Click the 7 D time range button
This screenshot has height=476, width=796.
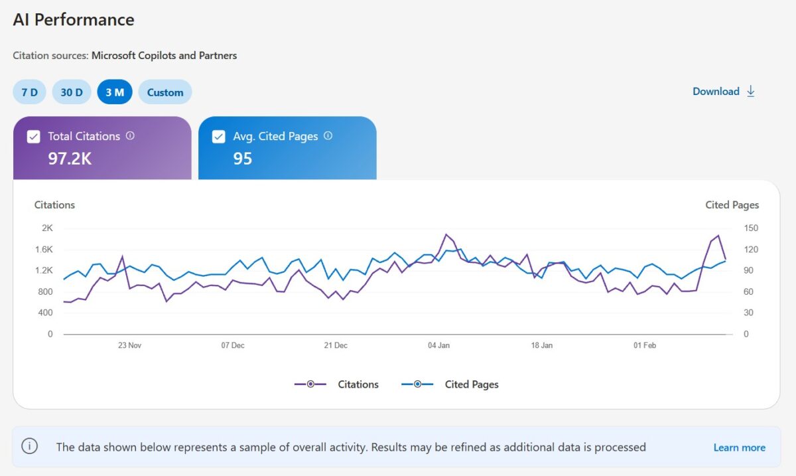point(29,92)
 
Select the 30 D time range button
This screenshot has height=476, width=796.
point(72,92)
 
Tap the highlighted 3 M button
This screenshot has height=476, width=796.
point(115,92)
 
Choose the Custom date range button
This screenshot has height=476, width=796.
point(165,92)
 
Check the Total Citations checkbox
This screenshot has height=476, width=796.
point(33,137)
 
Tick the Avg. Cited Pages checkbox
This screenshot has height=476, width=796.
point(218,137)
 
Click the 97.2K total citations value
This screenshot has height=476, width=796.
point(70,159)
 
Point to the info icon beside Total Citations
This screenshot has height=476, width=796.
point(130,135)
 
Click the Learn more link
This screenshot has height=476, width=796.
point(739,447)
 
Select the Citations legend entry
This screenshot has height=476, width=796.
point(337,384)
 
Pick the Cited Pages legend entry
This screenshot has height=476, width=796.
point(450,384)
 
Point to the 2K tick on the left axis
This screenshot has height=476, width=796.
point(47,228)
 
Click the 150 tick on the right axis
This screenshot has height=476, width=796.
point(751,228)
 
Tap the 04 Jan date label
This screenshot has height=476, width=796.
point(438,345)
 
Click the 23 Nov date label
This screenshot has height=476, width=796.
point(129,345)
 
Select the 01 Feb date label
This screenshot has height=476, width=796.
point(644,345)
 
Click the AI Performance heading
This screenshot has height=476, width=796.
point(74,20)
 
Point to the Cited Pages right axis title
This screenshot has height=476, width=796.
point(732,205)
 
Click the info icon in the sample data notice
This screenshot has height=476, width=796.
point(30,445)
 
